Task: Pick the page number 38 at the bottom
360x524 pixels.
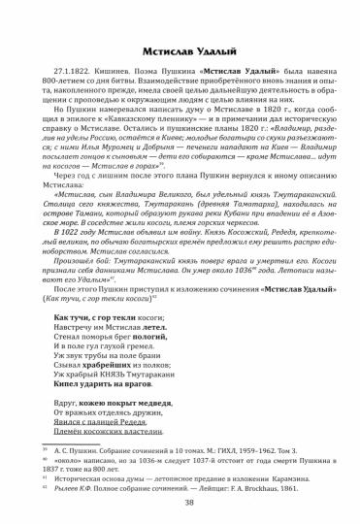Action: click(x=180, y=503)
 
